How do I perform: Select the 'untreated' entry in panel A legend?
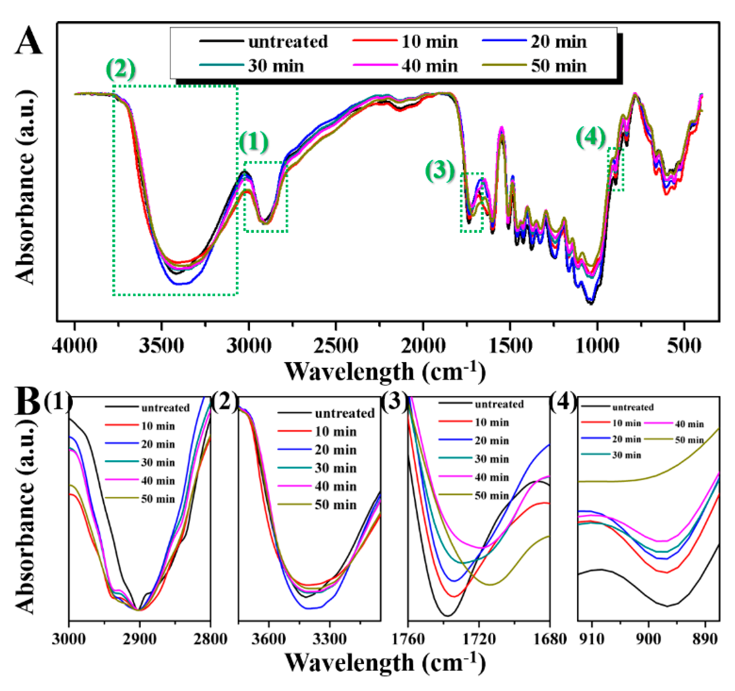tap(287, 42)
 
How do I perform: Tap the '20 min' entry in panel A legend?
tap(558, 42)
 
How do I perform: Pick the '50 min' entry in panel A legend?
tap(558, 66)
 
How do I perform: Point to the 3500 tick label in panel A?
tap(161, 346)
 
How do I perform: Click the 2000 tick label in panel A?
tap(423, 346)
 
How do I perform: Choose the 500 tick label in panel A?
tap(684, 346)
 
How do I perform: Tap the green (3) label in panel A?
tap(440, 171)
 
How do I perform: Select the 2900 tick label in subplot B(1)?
tap(139, 639)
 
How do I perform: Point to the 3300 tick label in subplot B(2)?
tap(329, 639)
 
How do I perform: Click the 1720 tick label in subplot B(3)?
tap(479, 639)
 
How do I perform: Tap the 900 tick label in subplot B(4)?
tap(648, 639)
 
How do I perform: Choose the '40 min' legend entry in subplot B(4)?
tap(689, 424)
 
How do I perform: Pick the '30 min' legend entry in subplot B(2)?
tap(335, 468)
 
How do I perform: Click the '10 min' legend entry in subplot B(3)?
tap(492, 422)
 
